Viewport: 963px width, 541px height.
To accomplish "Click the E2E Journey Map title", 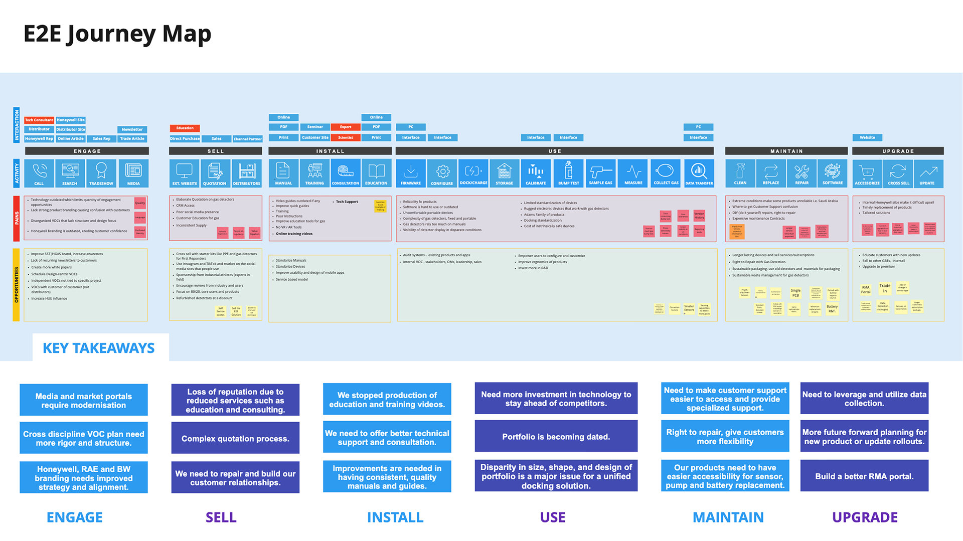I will coord(117,34).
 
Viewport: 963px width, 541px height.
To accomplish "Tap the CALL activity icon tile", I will coord(39,173).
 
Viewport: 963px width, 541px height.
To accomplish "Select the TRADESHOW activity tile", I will coord(101,173).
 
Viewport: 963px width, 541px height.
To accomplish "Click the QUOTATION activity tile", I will coord(215,173).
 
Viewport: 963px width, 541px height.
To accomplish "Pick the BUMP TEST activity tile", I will coord(568,173).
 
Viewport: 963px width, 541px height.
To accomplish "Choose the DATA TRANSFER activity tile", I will coord(699,173).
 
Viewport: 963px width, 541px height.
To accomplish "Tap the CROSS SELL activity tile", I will coord(898,173).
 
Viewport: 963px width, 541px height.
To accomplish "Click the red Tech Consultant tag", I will coord(39,120).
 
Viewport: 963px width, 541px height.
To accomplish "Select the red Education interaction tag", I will coord(185,128).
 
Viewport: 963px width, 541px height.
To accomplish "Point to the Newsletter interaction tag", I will coord(132,129).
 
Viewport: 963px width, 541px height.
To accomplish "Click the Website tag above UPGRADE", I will coord(867,137).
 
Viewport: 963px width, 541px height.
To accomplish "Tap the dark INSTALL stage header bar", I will coord(330,151).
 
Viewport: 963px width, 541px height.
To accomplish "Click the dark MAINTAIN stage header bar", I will coord(786,151).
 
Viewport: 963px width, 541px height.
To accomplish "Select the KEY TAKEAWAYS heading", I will coord(99,348).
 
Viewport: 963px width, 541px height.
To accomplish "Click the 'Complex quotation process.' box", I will coord(235,438).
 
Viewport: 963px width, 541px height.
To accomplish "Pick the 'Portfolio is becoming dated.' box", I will coord(556,437).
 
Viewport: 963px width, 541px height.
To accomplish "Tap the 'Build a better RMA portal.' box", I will coord(864,476).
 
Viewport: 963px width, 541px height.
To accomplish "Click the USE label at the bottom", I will coord(552,517).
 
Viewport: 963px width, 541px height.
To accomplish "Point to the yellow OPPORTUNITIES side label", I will coord(17,285).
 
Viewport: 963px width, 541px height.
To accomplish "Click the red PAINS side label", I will coord(17,218).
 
